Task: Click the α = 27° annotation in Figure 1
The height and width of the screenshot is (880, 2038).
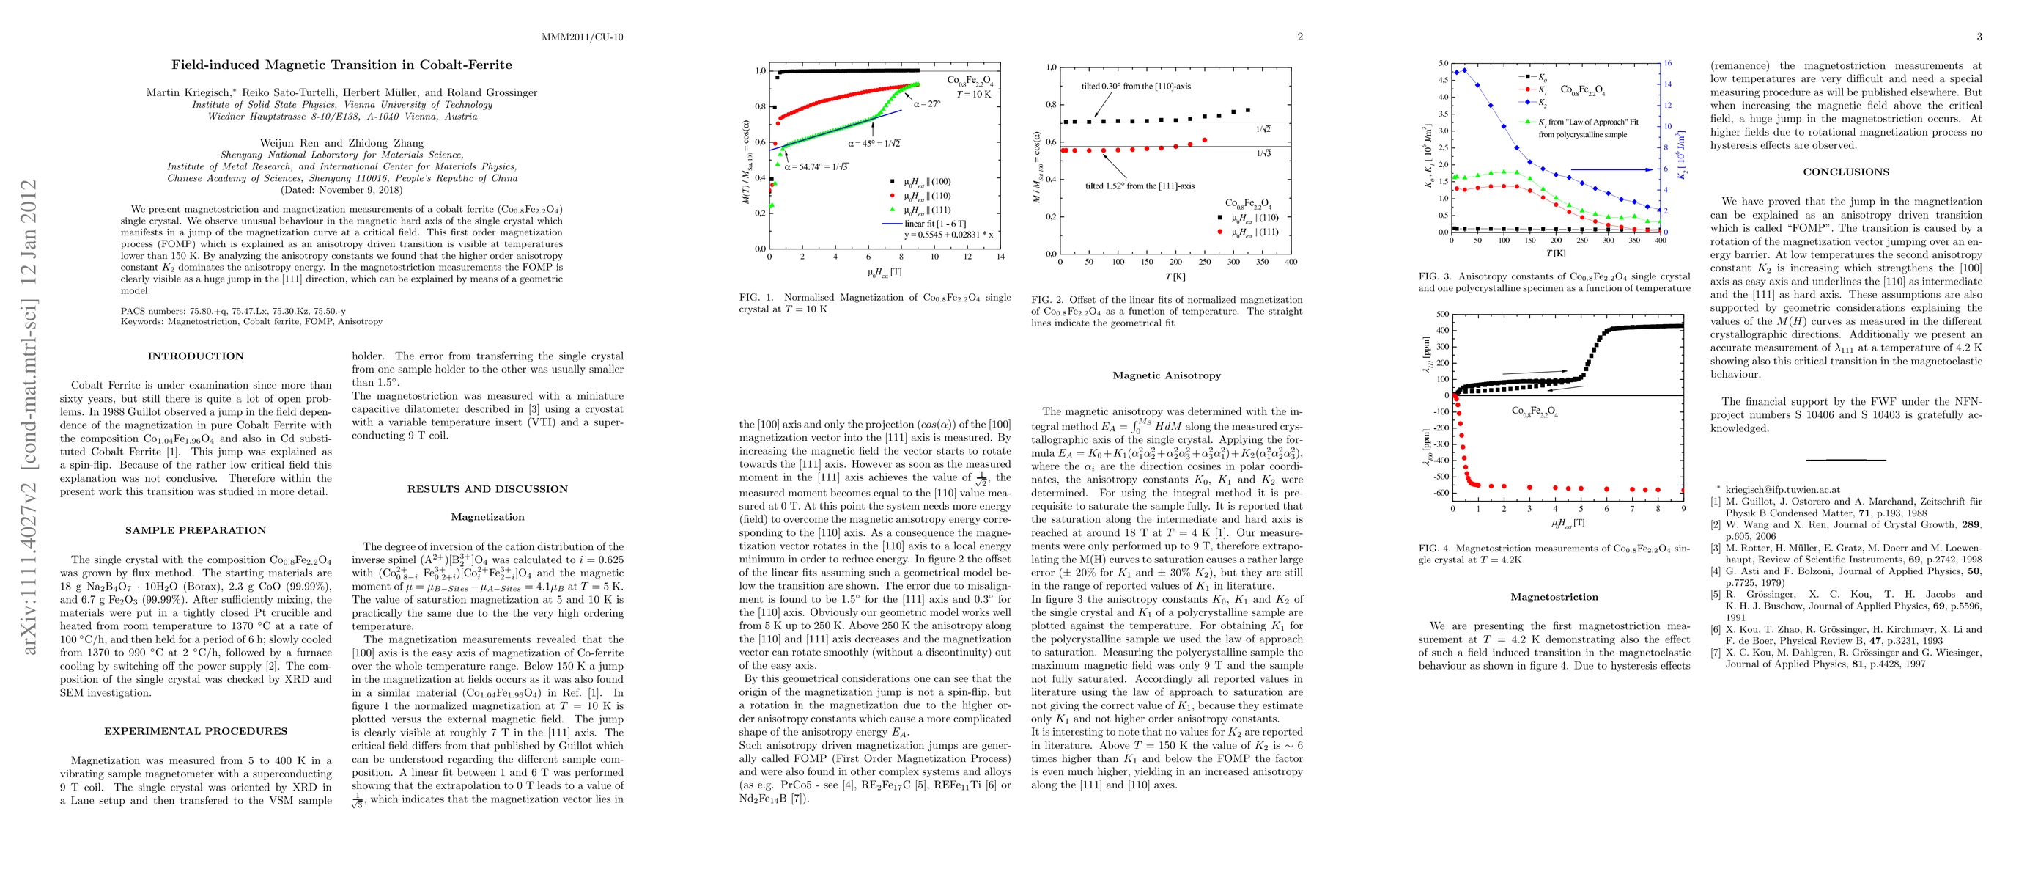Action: coord(927,103)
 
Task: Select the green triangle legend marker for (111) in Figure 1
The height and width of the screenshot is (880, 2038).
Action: coord(893,210)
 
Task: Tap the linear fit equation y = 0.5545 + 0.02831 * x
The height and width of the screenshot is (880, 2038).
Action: coord(948,235)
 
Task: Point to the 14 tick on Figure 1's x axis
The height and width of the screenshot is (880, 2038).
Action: coord(1000,257)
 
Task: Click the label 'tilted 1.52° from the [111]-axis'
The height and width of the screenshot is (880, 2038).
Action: coord(1140,186)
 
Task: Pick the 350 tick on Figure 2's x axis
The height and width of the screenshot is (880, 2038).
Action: coord(1262,262)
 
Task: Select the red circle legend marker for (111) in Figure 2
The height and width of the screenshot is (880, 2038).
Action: coord(1220,232)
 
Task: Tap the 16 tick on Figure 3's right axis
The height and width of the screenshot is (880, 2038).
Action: coord(1668,63)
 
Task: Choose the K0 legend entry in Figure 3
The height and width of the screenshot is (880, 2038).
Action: coord(1535,78)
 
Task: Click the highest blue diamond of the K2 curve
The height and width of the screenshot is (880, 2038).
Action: coord(1464,70)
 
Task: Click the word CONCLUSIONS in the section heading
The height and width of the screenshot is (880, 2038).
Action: coord(1846,172)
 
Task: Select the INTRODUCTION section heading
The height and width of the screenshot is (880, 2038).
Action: coord(196,356)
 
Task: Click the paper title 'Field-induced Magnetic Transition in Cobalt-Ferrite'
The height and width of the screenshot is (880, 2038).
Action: coord(341,65)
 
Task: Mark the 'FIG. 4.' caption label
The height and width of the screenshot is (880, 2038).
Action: coord(1435,549)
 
